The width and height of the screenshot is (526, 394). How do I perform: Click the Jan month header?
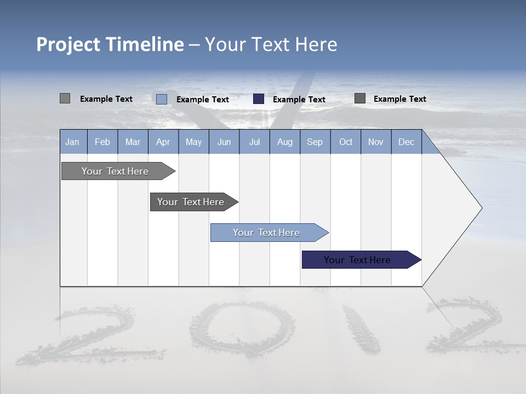[72, 142]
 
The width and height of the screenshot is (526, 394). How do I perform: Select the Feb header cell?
[102, 142]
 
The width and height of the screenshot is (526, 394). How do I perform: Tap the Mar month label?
[133, 142]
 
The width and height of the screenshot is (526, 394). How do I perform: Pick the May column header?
[193, 142]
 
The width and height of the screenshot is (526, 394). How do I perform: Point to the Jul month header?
[254, 142]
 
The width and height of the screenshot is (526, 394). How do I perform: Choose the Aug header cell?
[285, 142]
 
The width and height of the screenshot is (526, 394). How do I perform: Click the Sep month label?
[315, 142]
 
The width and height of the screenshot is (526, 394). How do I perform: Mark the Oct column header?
[346, 142]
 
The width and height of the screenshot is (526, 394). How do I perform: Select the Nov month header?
[376, 142]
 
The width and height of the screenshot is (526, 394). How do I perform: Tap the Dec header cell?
[407, 142]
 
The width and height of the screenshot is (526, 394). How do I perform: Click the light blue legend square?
[162, 99]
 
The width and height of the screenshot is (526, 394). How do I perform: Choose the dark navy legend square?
[259, 99]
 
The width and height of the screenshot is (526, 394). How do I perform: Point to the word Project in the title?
[68, 44]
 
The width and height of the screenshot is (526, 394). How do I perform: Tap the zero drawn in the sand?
[242, 328]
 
